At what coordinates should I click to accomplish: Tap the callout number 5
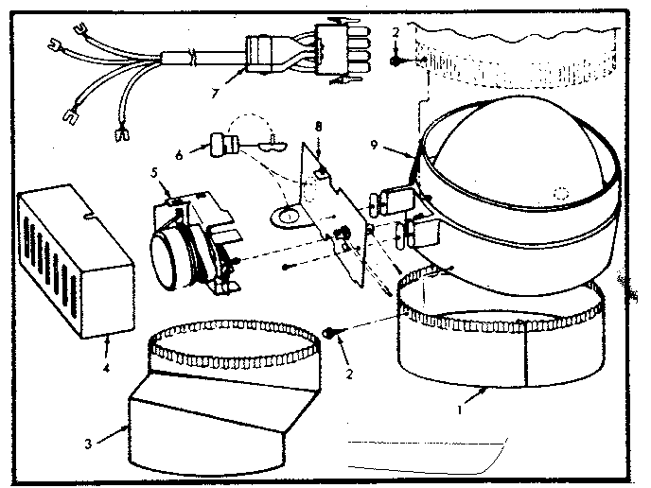(153, 173)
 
